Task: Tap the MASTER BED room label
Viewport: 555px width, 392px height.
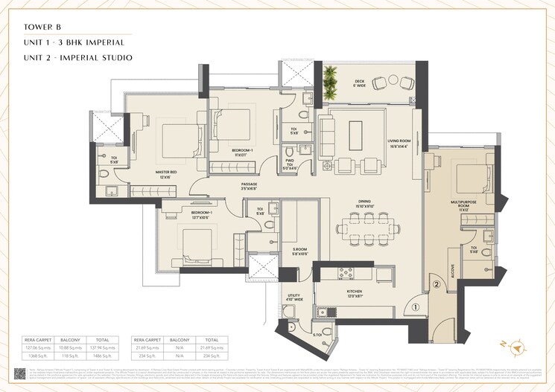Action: point(165,174)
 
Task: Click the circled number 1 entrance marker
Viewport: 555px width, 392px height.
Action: point(416,306)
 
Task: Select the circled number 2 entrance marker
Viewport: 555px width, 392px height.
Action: point(437,283)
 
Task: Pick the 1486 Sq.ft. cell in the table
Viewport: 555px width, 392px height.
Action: point(102,355)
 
